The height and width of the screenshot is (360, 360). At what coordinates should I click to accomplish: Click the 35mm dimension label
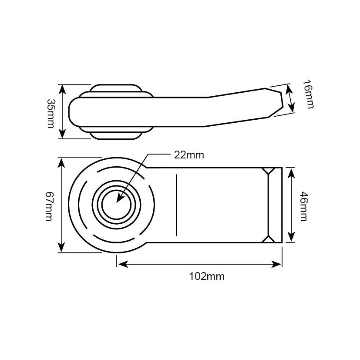[50, 113]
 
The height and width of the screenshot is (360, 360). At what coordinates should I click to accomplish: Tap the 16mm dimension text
[307, 94]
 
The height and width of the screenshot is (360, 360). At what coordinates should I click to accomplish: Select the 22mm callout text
[188, 155]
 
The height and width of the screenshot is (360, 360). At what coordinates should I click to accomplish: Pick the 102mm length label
[206, 276]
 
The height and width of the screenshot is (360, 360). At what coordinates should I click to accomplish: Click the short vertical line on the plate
[177, 205]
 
